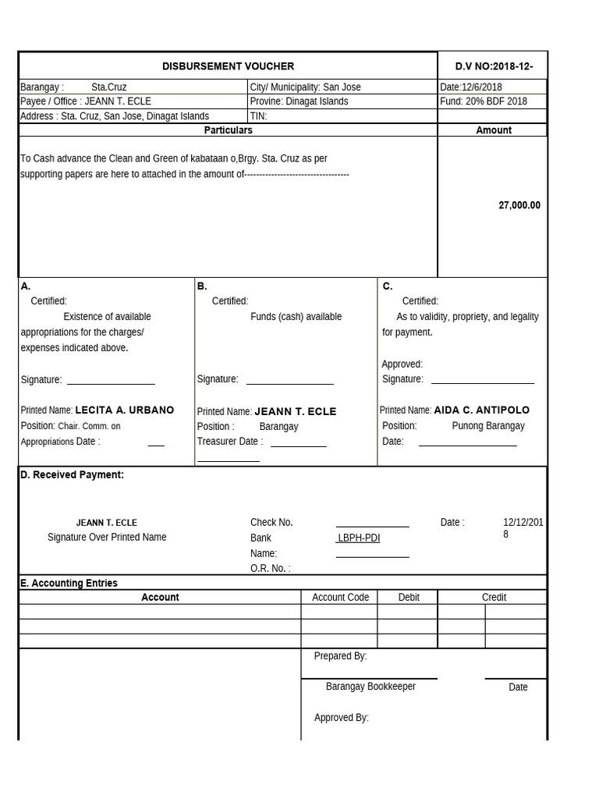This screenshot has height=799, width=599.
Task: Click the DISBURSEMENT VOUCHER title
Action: coord(228,66)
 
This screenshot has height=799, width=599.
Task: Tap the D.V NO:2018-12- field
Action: coord(494,66)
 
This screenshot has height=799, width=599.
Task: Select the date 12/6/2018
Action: coord(472,87)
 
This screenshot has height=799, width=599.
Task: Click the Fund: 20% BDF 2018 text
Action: coord(484,101)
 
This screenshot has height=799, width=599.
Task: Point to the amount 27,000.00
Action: coord(519,205)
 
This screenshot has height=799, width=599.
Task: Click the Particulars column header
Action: coord(228,130)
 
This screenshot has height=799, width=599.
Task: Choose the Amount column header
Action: coord(494,130)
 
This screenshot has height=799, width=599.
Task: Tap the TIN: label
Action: coord(259,116)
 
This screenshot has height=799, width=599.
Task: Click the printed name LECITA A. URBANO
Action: coord(124,410)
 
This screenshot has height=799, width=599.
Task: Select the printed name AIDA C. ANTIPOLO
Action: coord(481,410)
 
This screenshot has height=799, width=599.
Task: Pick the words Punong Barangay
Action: coord(488,426)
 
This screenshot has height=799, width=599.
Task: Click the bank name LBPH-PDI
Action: coord(359,538)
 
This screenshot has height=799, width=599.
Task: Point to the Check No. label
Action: coord(271,522)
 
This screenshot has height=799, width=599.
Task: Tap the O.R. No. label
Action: coord(270,568)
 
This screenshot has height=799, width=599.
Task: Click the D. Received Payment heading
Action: coord(72,474)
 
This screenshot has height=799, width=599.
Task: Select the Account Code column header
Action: coord(340,597)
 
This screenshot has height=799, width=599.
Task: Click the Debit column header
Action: coord(409,597)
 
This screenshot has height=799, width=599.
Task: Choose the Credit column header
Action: coord(494,597)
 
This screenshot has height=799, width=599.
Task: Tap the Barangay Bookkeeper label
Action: coord(370,687)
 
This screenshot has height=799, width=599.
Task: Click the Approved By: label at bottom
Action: coord(341,718)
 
